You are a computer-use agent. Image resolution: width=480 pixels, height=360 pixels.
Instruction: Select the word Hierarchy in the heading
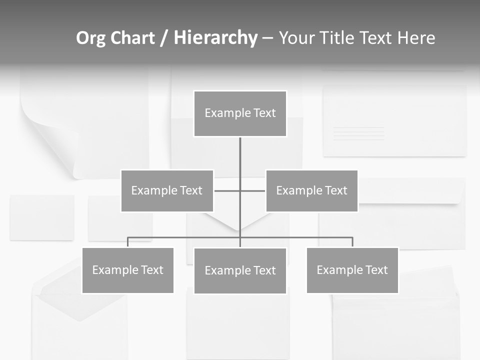pos(215,38)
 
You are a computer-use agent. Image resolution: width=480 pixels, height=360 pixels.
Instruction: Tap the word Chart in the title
pos(131,38)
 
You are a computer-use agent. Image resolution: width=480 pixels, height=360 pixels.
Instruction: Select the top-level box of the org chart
pos(240,113)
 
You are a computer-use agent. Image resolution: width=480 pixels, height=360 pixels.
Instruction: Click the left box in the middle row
pos(167,190)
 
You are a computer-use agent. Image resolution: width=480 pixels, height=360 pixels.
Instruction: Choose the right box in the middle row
pos(311,190)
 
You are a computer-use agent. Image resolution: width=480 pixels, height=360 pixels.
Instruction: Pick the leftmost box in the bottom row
pos(128,270)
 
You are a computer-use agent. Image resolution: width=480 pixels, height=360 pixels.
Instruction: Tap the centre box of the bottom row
pos(240,270)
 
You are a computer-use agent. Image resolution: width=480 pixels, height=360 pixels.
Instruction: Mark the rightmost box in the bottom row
pos(352,270)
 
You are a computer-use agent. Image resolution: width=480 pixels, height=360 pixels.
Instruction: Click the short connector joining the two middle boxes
pos(227,190)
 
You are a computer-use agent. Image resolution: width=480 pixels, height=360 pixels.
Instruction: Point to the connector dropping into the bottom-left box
pos(128,242)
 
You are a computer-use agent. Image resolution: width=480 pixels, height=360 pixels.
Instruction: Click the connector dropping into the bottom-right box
pos(352,242)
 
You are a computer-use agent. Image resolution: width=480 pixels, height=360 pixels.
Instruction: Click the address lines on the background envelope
pos(358,133)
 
